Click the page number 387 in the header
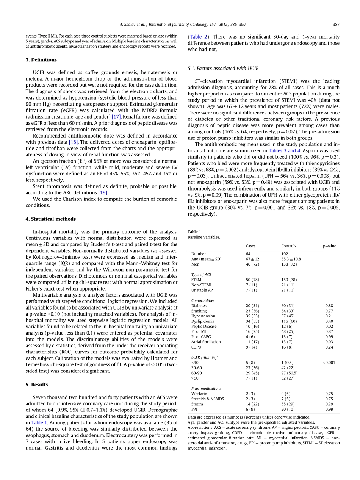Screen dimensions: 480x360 pos(336,25)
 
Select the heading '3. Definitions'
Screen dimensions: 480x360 pos(41,60)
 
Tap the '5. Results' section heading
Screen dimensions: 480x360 pos(37,385)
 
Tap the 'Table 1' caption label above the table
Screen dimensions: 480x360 pos(194,232)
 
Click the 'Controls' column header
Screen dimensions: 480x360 pos(289,246)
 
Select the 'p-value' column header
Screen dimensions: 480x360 pos(329,246)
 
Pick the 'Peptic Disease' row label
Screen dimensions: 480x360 pos(204,326)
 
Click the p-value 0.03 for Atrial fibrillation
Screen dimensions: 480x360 pos(329,342)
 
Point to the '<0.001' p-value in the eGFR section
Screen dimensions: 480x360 pos(329,363)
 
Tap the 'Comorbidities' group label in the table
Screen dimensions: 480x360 pos(203,300)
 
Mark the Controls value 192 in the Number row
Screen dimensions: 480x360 pos(285,254)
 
